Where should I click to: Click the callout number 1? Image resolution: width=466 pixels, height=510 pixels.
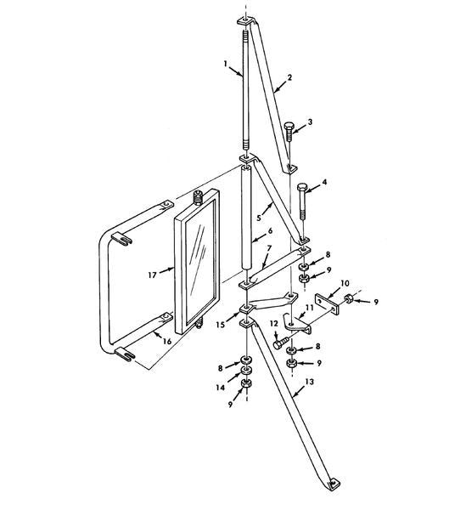click(x=226, y=64)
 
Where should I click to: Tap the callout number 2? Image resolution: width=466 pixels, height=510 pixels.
click(x=289, y=77)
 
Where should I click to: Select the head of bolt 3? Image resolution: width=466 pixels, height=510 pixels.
click(x=289, y=126)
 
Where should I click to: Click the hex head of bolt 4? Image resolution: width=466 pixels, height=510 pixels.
click(x=302, y=188)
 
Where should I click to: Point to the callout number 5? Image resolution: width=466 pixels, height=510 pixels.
click(x=259, y=218)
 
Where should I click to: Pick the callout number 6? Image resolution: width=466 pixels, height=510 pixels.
click(x=270, y=231)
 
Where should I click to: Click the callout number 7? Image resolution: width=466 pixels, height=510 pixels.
click(x=269, y=248)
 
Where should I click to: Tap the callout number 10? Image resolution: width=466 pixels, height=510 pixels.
click(x=345, y=283)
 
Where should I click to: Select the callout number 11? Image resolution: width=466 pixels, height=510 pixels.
click(x=309, y=308)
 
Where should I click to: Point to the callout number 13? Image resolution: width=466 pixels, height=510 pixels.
click(x=310, y=382)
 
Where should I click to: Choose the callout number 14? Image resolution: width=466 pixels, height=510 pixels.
click(x=220, y=388)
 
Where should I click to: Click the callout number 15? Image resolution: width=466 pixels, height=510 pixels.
click(x=221, y=325)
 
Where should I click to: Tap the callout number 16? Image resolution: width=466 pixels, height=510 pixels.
click(x=167, y=341)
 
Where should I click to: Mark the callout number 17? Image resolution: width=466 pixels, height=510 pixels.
click(x=152, y=275)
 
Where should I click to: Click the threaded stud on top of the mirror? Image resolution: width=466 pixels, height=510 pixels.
click(x=198, y=197)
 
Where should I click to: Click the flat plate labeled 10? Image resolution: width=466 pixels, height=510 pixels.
click(x=327, y=304)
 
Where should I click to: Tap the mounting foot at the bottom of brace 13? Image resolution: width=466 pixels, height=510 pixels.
click(x=334, y=484)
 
